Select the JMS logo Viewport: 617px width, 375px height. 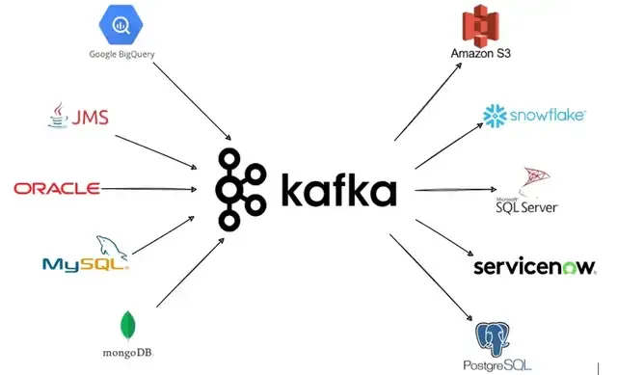pos(78,118)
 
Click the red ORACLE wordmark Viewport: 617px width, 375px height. pos(57,188)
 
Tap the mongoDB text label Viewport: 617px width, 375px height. pos(126,352)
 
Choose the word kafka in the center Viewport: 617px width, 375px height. pos(338,190)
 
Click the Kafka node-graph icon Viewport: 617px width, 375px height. pos(238,190)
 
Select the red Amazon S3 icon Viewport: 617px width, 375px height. pos(480,26)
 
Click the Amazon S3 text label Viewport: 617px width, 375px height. pos(480,54)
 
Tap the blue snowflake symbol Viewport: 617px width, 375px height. pos(495,117)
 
